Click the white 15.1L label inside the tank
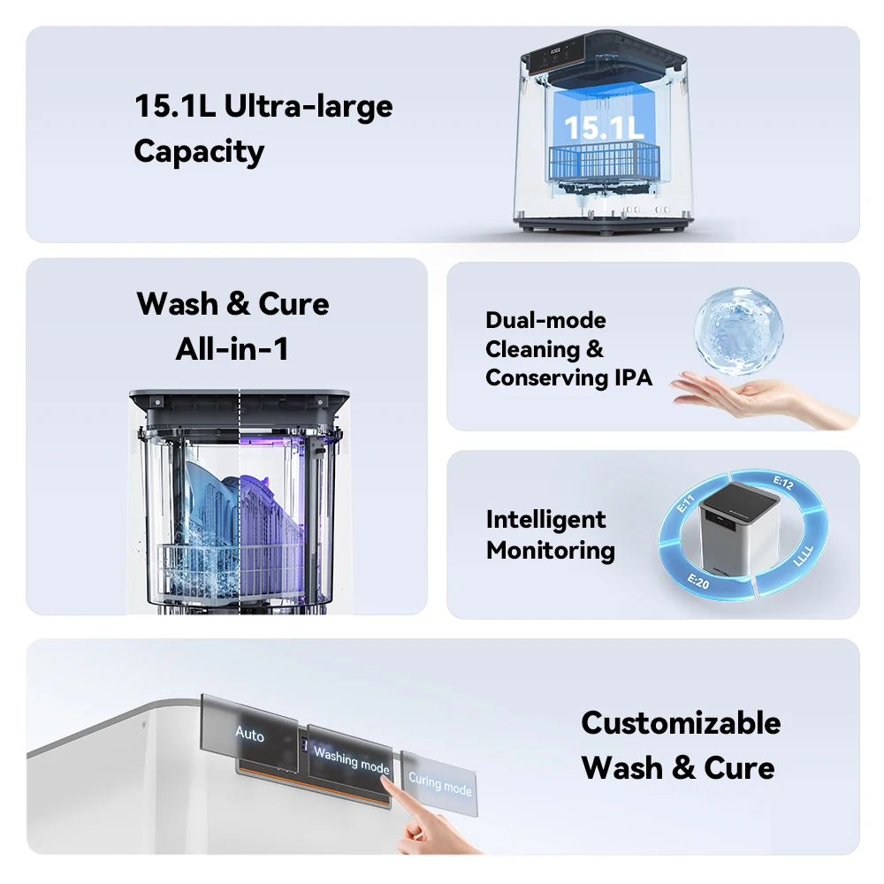pyautogui.click(x=603, y=128)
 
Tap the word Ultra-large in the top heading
pyautogui.click(x=309, y=106)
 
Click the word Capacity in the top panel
pyautogui.click(x=199, y=152)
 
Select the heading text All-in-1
pyautogui.click(x=232, y=348)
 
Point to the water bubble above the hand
pyautogui.click(x=738, y=331)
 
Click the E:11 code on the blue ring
pyautogui.click(x=686, y=503)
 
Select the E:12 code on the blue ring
pyautogui.click(x=783, y=483)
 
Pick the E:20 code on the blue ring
pyautogui.click(x=698, y=580)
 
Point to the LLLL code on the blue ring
pyautogui.click(x=804, y=555)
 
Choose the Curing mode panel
pyautogui.click(x=439, y=783)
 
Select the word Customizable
pyautogui.click(x=681, y=723)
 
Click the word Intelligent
pyautogui.click(x=545, y=520)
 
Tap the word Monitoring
pyautogui.click(x=550, y=550)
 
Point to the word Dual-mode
pyautogui.click(x=545, y=320)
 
